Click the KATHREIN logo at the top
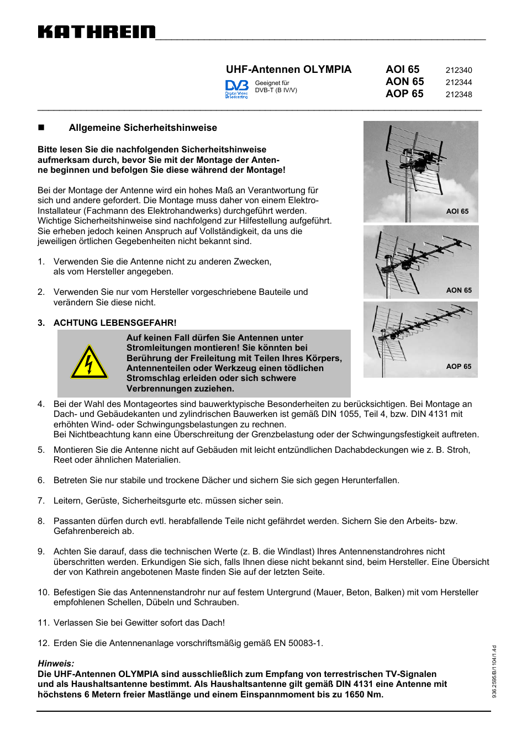97,32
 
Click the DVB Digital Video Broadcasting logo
236,88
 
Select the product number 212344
459,82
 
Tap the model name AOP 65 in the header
404,94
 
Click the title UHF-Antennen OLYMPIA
288,70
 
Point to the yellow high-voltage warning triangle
89,363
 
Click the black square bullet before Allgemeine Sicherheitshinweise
41,128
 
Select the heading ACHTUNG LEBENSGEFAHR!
115,322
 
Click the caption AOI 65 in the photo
457,211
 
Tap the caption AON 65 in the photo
459,290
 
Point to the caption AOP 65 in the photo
459,367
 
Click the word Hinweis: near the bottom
56,664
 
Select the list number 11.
43,623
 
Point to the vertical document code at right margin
494,671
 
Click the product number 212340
459,70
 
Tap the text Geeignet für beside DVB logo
272,83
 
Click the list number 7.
41,501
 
